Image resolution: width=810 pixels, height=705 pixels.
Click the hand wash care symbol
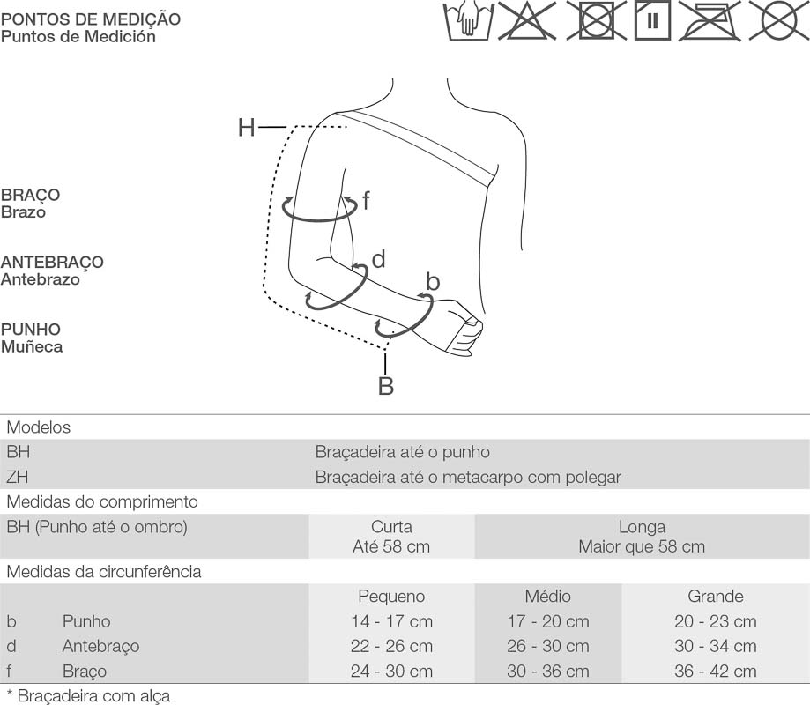469,20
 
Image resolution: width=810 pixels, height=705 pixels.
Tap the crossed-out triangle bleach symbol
527,20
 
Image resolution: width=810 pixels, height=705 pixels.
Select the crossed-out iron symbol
710,20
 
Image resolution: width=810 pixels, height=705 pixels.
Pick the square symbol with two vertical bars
652,20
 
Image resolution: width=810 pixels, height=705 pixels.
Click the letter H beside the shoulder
247,127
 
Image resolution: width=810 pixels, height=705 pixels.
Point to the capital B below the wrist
386,386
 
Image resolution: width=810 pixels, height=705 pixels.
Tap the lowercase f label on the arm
366,200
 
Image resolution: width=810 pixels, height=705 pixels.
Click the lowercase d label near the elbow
379,259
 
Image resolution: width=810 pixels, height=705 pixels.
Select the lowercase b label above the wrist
433,282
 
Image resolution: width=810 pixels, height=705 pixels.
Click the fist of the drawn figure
464,329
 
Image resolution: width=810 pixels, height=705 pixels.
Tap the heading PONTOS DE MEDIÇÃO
91,19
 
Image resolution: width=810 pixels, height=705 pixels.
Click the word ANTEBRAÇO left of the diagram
52,263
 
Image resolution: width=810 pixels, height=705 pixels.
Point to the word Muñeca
32,346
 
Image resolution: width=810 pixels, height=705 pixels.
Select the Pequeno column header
391,597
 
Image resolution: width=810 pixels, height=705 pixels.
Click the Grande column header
716,597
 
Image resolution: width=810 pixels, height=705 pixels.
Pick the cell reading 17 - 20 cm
548,621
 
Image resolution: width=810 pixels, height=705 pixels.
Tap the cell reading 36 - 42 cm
716,671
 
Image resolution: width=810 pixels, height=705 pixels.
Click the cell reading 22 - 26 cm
391,646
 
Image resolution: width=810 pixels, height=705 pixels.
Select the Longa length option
643,527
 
